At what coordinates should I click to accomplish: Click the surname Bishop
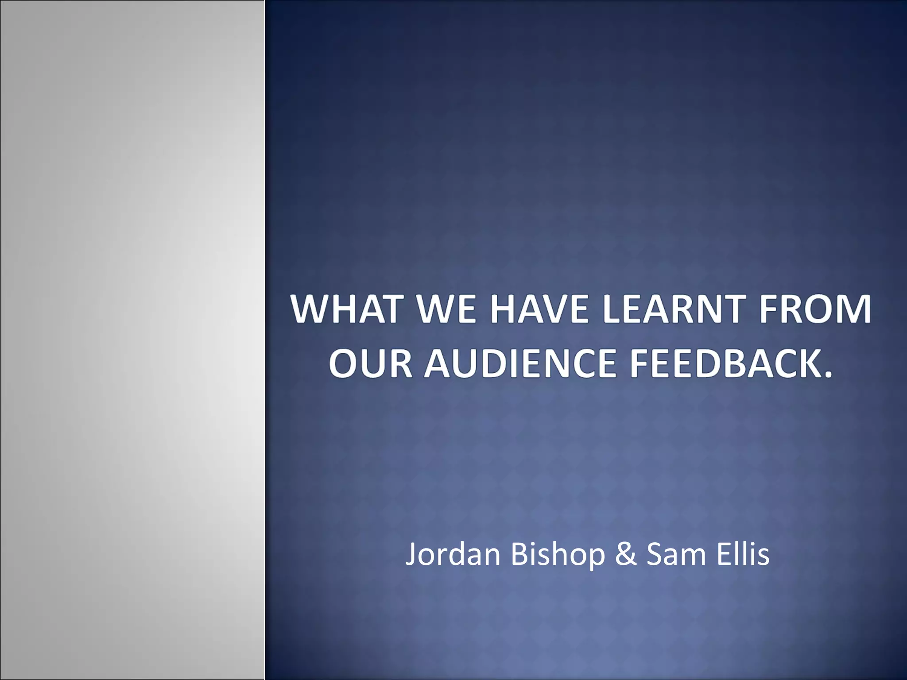[558, 554]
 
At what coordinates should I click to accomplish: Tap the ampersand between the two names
[626, 554]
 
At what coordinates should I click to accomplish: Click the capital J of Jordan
[411, 554]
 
